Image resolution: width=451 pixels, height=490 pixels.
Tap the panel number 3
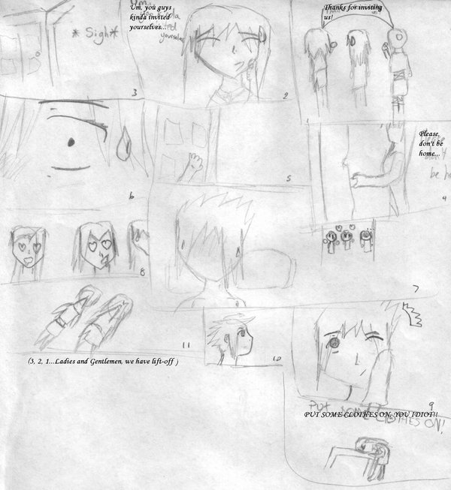133,93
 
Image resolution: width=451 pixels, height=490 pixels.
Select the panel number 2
286,95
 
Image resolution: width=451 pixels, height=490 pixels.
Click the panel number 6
131,197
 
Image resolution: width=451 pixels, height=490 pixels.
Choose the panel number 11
186,345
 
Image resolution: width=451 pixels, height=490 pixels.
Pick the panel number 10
276,359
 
